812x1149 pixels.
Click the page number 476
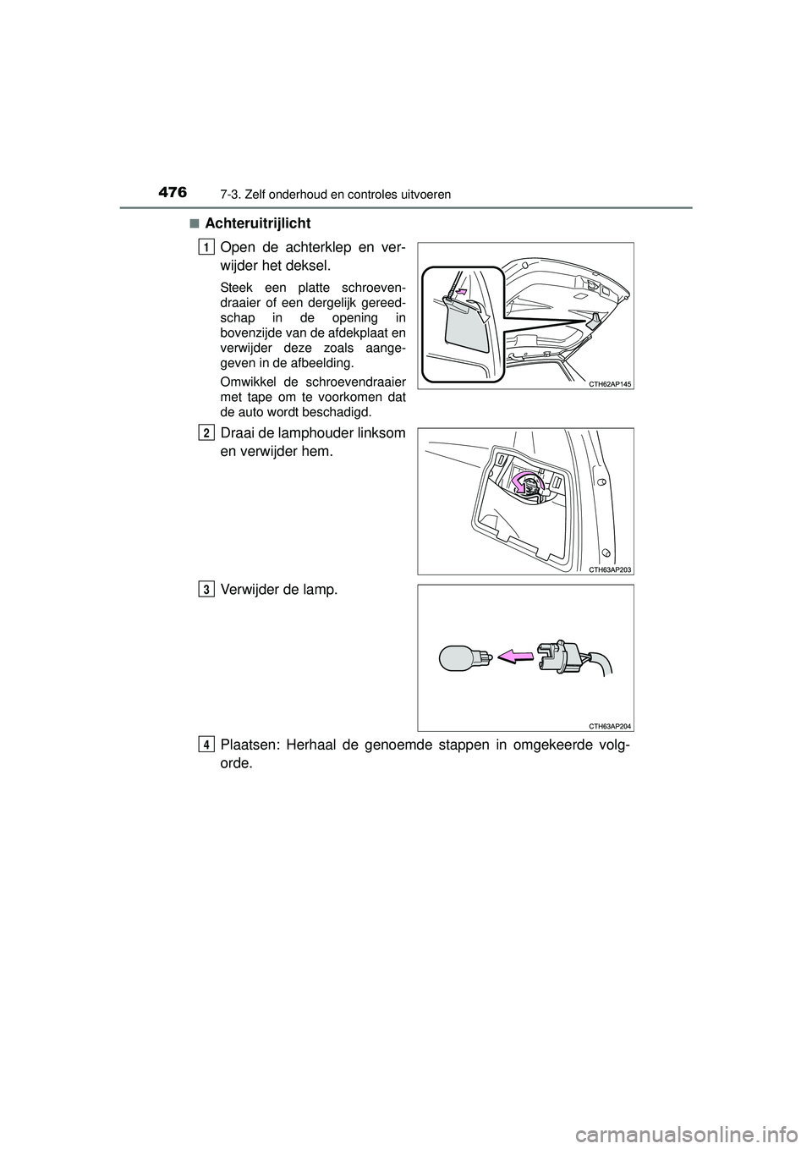click(173, 192)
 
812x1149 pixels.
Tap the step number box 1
click(206, 246)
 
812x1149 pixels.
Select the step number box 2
click(206, 432)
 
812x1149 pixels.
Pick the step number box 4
click(206, 744)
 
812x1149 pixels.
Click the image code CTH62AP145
click(609, 383)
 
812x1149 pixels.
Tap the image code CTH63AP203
click(609, 569)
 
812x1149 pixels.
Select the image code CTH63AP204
click(609, 725)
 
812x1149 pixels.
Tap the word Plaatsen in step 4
click(248, 745)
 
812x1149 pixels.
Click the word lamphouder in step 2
click(310, 433)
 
